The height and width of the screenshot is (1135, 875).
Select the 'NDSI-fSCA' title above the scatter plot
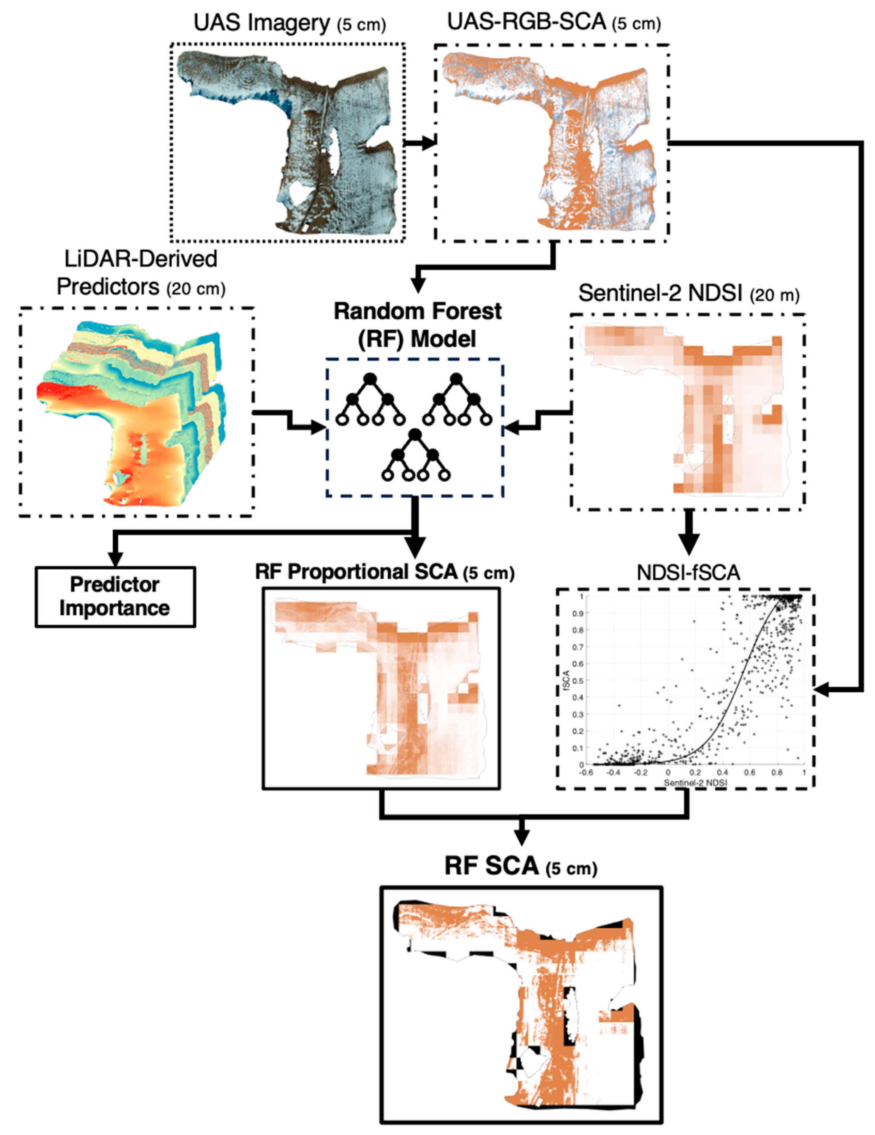[x=688, y=572]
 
